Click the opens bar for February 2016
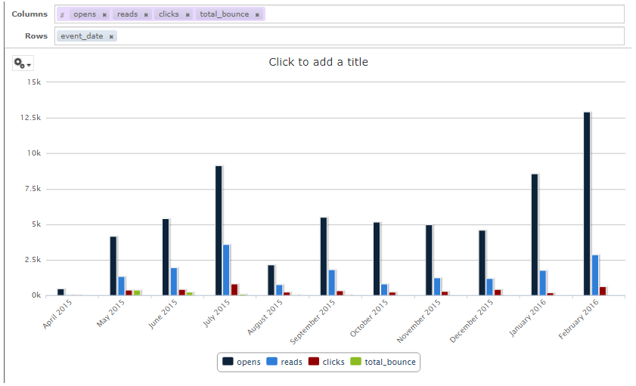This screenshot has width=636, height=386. [x=586, y=204]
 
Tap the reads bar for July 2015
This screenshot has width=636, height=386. [x=226, y=270]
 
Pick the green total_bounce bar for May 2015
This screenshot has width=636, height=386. [x=137, y=292]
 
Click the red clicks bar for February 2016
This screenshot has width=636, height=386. [x=602, y=291]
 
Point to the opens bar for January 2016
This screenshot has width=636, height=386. [x=534, y=235]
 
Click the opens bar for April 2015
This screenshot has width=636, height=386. [x=60, y=292]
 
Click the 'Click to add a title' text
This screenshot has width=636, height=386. [x=318, y=62]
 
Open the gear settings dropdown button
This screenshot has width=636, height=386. [x=23, y=64]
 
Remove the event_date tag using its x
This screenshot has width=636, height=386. [x=111, y=36]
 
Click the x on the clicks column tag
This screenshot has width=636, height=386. [x=188, y=14]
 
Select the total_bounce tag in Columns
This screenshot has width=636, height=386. [x=224, y=14]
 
